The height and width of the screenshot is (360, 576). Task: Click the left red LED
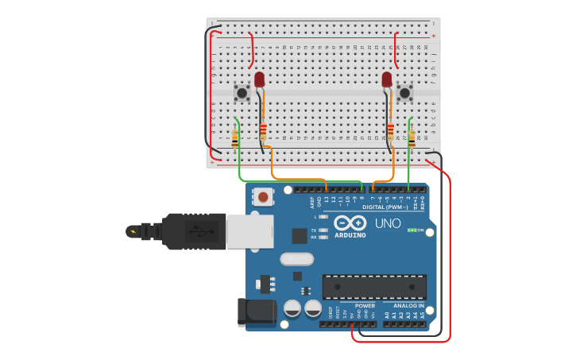pos(259,79)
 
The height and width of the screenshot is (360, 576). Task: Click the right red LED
pos(387,79)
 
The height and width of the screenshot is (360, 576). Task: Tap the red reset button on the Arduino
pos(262,195)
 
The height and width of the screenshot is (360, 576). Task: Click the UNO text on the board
pos(388,223)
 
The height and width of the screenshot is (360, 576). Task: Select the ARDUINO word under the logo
pos(350,235)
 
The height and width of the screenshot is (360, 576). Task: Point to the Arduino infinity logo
pos(350,223)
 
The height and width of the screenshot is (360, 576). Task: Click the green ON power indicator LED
pos(411,230)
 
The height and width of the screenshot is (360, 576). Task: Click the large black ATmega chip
pos(373,287)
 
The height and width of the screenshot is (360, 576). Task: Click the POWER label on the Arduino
pos(365,305)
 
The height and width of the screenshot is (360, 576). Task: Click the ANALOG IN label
pos(404,305)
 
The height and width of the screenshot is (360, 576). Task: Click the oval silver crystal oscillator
pos(296,258)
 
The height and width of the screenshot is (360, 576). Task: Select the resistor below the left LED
pos(263,132)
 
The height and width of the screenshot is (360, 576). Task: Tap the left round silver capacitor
pos(292,308)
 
